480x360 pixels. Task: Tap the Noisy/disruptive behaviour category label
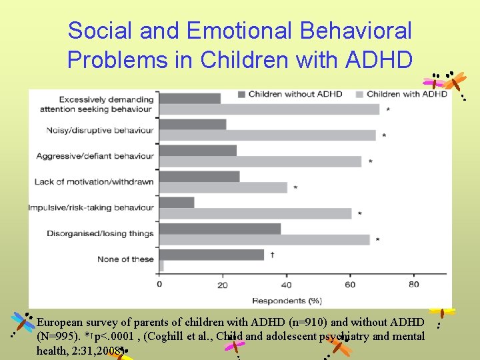click(100, 130)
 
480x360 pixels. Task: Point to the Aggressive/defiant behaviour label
click(95, 156)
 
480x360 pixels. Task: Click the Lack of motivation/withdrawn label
click(94, 181)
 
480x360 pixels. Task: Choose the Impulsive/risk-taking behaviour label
click(91, 207)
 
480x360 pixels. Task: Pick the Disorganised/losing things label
click(100, 233)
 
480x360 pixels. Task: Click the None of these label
click(125, 259)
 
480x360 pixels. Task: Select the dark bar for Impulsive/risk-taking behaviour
click(177, 202)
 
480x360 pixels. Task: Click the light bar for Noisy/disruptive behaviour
click(267, 135)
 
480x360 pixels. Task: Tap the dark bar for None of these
click(211, 254)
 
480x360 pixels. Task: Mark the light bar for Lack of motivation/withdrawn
click(223, 187)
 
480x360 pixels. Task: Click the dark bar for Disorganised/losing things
click(219, 229)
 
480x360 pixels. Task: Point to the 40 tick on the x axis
click(287, 285)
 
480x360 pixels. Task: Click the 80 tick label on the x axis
click(413, 285)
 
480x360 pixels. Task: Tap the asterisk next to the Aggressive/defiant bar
click(370, 161)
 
